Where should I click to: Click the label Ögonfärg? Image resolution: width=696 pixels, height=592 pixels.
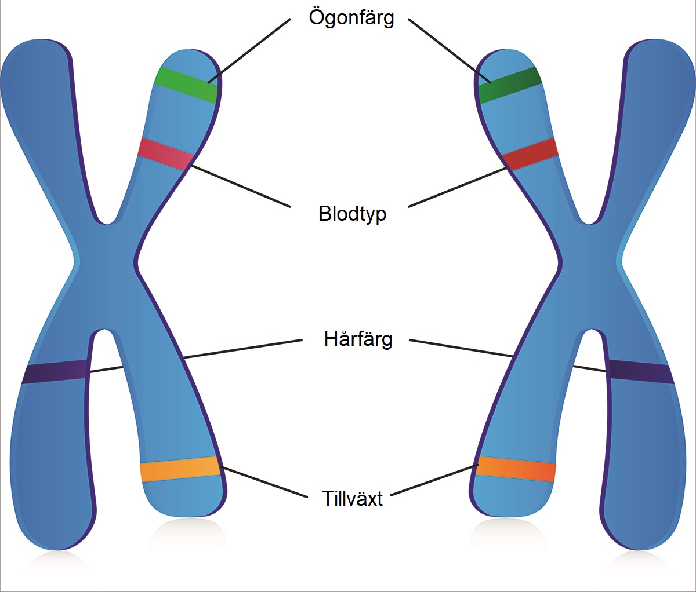pyautogui.click(x=351, y=18)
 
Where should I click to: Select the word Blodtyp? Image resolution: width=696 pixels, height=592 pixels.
pyautogui.click(x=352, y=214)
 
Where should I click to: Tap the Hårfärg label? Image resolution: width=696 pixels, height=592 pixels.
pyautogui.click(x=358, y=339)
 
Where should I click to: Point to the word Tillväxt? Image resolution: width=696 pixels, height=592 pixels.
pyautogui.click(x=352, y=498)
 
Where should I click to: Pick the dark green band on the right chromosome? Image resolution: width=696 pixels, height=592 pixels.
pyautogui.click(x=510, y=85)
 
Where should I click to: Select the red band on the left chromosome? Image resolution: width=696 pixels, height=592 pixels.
pyautogui.click(x=166, y=154)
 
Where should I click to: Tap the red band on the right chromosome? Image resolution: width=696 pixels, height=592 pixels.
pyautogui.click(x=530, y=154)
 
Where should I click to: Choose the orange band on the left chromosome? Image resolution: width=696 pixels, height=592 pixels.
pyautogui.click(x=180, y=469)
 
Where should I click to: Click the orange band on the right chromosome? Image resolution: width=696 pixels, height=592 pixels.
pyautogui.click(x=516, y=469)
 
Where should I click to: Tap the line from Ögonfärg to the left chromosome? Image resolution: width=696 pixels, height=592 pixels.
pyautogui.click(x=249, y=50)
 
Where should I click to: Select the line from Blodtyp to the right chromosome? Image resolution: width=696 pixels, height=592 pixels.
pyautogui.click(x=457, y=187)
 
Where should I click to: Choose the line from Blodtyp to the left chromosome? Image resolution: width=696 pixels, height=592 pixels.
pyautogui.click(x=241, y=186)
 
